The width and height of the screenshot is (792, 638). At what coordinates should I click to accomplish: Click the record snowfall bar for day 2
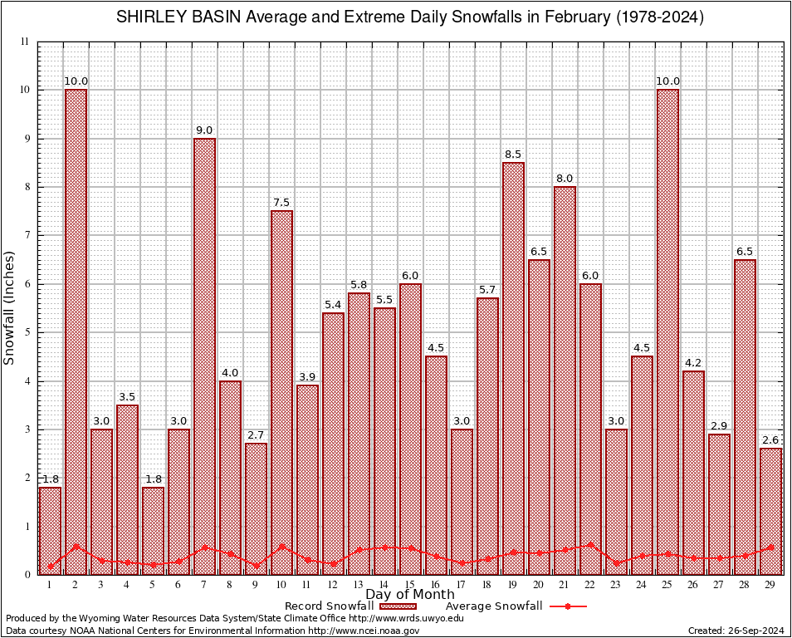pos(76,332)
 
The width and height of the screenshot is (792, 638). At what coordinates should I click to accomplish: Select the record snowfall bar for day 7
pos(204,357)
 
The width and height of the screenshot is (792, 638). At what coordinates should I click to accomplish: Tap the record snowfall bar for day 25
pos(667,332)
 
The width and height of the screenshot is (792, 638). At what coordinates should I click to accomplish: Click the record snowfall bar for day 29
pos(770,511)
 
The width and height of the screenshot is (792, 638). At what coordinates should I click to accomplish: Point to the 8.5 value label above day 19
pos(513,154)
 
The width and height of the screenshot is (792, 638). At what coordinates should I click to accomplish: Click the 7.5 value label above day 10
pos(281,202)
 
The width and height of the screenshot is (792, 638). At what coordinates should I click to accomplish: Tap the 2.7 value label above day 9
pos(256,434)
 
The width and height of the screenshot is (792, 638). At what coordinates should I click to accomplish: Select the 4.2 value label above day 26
pos(693,362)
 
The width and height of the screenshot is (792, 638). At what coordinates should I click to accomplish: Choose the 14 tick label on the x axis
pos(384,585)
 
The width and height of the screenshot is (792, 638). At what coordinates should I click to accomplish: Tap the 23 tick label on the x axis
pos(616,585)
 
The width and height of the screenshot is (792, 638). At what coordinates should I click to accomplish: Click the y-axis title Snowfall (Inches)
pos(10,308)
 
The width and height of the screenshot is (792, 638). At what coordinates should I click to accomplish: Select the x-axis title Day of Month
pos(409,595)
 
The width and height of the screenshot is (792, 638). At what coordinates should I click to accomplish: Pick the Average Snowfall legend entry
pos(493,606)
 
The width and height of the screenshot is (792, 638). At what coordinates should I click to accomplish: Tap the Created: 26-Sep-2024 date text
pos(735,631)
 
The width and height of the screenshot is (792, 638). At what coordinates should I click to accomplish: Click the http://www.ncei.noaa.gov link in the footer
pos(364,631)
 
